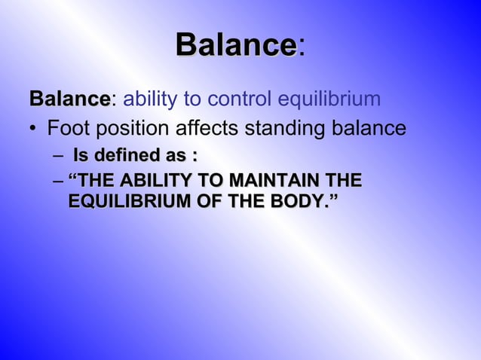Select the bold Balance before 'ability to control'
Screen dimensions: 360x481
coord(69,99)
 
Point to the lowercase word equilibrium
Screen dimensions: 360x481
coord(329,99)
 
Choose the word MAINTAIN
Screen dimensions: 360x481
coord(272,182)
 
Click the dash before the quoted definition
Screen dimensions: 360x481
coord(59,182)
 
